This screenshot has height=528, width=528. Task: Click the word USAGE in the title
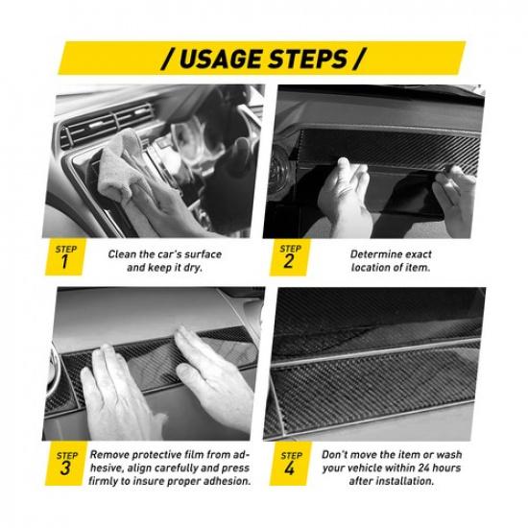tap(221, 59)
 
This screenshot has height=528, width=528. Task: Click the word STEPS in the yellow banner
tap(308, 59)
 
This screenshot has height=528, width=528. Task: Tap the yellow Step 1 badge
tap(65, 257)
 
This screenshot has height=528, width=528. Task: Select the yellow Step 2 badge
tap(289, 257)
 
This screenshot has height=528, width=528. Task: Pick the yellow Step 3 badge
tap(65, 464)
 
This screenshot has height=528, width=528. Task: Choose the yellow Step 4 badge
tap(290, 464)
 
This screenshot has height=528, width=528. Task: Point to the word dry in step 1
tap(193, 269)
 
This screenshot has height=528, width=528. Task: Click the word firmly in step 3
tap(103, 482)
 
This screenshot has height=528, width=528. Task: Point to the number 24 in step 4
tap(424, 468)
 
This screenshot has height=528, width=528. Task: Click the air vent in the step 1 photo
tap(106, 125)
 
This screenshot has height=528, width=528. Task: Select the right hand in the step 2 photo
tap(455, 199)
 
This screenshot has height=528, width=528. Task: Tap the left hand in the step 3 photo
tap(118, 394)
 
